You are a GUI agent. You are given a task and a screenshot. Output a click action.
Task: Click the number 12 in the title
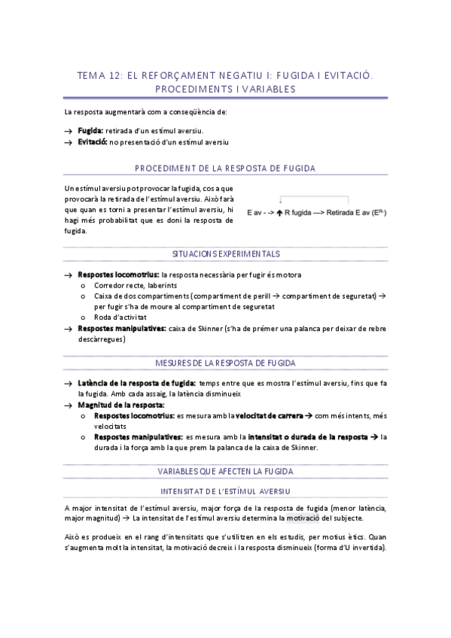[111, 76]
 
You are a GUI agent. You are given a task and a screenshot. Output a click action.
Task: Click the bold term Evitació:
[93, 141]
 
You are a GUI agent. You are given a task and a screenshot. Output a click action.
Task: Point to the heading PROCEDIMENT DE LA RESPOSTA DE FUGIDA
[225, 169]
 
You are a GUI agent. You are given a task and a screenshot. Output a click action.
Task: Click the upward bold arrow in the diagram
[280, 214]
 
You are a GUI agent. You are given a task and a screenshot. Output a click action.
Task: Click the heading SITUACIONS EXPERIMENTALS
[225, 254]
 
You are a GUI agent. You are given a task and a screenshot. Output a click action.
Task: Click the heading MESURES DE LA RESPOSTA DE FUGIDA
[225, 363]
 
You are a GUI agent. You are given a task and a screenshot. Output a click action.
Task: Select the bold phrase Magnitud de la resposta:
[120, 405]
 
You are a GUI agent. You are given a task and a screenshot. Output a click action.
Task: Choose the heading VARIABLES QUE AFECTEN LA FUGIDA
[225, 471]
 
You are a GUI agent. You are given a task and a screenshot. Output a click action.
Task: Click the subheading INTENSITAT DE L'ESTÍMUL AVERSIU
[225, 491]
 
